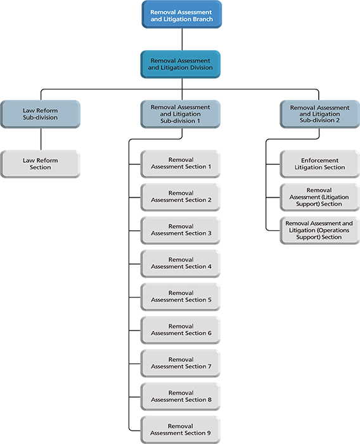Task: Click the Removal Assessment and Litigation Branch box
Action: pyautogui.click(x=182, y=15)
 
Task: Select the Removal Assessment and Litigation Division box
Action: pyautogui.click(x=181, y=64)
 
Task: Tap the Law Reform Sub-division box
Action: pyautogui.click(x=40, y=114)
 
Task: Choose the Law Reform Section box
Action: pyautogui.click(x=40, y=164)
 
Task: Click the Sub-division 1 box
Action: pyautogui.click(x=181, y=114)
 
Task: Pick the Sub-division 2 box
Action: pyautogui.click(x=320, y=114)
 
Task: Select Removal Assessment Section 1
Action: pyautogui.click(x=181, y=164)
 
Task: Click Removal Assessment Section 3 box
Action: pyautogui.click(x=181, y=230)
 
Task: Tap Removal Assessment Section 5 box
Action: pyautogui.click(x=181, y=297)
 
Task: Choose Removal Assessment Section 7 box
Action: pyautogui.click(x=181, y=363)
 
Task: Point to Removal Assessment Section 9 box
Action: pyautogui.click(x=181, y=430)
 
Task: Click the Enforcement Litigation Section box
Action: pyautogui.click(x=320, y=164)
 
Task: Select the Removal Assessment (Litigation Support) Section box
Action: pyautogui.click(x=320, y=197)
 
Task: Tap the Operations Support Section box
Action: pyautogui.click(x=320, y=230)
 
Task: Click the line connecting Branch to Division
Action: pyautogui.click(x=182, y=39)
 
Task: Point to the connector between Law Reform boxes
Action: pyautogui.click(x=41, y=139)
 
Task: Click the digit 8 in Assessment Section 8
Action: pyautogui.click(x=209, y=400)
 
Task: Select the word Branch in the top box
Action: pyautogui.click(x=202, y=19)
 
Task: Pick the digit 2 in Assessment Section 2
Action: pyautogui.click(x=209, y=200)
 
